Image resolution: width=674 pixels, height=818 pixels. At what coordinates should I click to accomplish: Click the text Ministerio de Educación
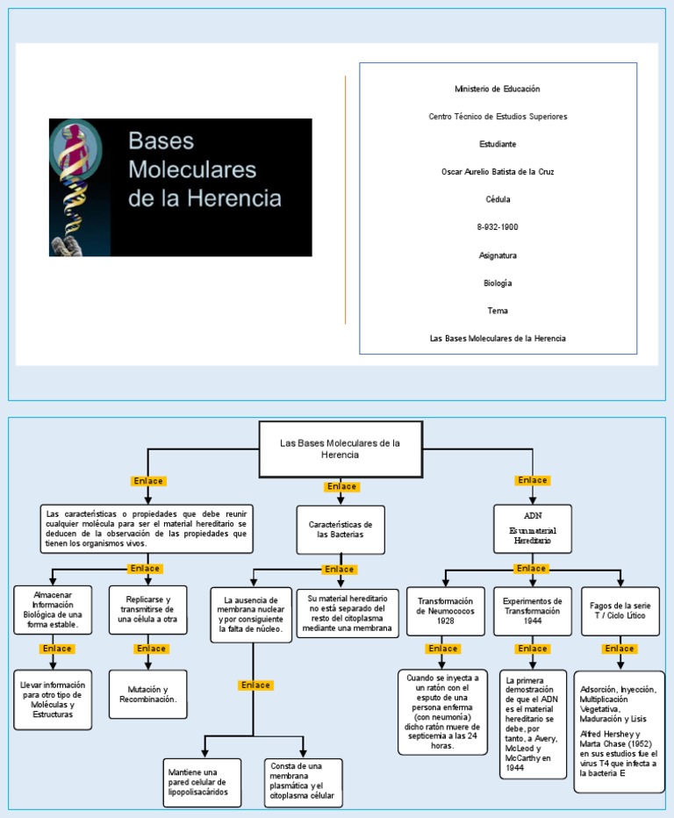497,89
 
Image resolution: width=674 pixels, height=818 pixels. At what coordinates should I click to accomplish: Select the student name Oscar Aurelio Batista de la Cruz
497,172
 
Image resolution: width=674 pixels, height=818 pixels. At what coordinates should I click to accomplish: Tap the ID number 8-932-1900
497,226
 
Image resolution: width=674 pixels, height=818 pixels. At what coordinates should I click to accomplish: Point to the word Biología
497,283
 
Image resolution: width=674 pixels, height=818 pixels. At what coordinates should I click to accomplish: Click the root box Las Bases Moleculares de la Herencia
340,448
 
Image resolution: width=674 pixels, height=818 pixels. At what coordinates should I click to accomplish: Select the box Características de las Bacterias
341,529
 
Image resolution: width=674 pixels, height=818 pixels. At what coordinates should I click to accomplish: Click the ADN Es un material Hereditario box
533,528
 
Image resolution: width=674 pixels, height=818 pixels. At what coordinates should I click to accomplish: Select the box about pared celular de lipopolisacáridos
204,782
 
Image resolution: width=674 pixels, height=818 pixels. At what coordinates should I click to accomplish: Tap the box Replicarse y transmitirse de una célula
147,608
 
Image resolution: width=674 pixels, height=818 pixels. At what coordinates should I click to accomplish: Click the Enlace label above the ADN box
533,480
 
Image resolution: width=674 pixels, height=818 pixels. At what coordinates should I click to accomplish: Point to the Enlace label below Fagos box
620,649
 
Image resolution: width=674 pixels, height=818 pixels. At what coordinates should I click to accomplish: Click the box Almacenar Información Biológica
53,608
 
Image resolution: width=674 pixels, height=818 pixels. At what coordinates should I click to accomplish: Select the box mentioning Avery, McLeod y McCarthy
533,724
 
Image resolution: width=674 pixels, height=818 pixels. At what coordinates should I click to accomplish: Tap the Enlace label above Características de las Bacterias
341,486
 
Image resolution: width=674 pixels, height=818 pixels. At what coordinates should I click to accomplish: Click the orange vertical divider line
345,199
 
